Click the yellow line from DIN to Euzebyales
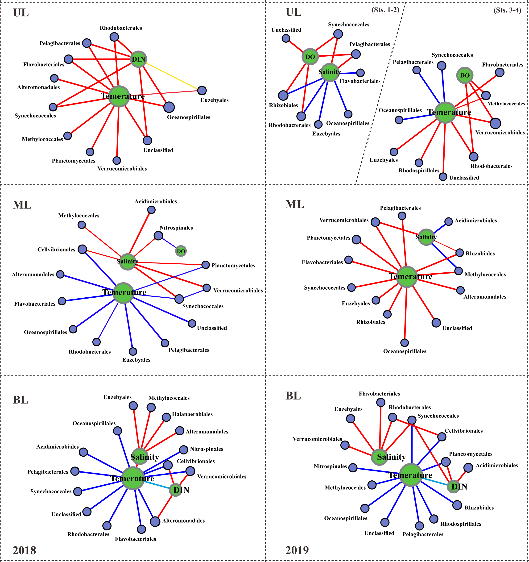[172, 75]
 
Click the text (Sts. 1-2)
[385, 10]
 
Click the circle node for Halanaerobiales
[166, 417]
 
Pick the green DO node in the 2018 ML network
[181, 251]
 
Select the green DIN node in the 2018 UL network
[138, 59]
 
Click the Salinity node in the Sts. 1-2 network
[329, 72]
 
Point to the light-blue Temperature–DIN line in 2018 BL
[157, 485]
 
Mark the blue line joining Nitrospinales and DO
[169, 243]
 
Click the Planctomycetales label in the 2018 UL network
[74, 161]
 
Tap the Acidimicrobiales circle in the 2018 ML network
[152, 210]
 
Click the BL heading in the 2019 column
[293, 396]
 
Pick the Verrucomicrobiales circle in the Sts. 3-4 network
[495, 123]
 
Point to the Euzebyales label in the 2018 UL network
[215, 100]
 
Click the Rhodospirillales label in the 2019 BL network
[461, 524]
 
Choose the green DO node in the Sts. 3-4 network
[465, 75]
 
